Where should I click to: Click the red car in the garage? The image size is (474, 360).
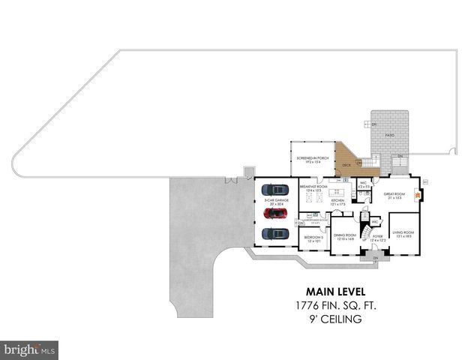coord(275,213)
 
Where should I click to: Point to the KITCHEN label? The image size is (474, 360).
coord(338,202)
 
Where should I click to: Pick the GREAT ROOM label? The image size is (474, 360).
coord(394,195)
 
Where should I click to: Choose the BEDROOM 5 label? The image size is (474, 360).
coord(312,238)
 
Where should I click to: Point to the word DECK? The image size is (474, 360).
coord(346,164)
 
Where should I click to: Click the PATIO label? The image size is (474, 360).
coord(390,136)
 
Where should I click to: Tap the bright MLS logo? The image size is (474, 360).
coord(30,349)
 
